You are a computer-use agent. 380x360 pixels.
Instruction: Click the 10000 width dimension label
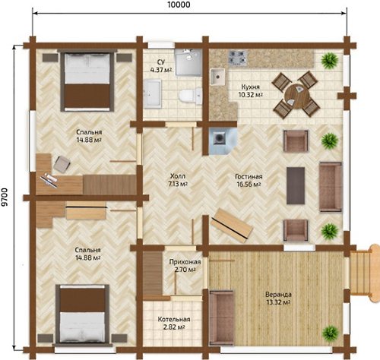(x=179, y=5)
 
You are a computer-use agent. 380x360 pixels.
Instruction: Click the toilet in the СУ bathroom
(x=190, y=96)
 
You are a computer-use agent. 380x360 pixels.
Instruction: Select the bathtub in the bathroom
(x=152, y=94)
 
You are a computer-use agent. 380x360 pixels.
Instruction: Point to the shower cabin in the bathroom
(x=188, y=62)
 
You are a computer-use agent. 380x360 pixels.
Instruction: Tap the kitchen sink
(x=218, y=77)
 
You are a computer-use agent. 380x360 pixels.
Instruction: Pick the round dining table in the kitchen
(x=296, y=94)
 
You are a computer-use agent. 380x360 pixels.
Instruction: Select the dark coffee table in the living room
(x=296, y=185)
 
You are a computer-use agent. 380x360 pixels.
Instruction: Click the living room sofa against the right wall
(x=331, y=187)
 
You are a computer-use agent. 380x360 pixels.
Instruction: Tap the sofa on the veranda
(x=222, y=317)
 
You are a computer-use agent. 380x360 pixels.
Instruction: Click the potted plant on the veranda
(x=331, y=333)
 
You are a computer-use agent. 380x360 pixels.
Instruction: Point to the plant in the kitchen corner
(x=329, y=60)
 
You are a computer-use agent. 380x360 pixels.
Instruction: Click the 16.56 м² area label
(x=249, y=185)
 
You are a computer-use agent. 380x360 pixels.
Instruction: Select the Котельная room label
(x=174, y=319)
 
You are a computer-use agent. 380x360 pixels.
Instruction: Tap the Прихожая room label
(x=185, y=262)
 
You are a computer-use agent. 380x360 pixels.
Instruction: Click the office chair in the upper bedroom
(x=62, y=163)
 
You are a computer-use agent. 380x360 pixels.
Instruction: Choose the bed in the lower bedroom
(x=83, y=314)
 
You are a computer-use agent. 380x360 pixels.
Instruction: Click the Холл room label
(x=178, y=176)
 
